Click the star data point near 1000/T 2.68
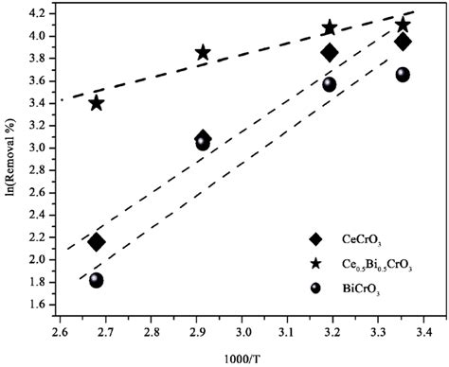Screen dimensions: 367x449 [97, 102]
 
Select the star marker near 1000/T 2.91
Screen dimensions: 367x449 [203, 53]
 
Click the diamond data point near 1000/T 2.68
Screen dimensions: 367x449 [97, 242]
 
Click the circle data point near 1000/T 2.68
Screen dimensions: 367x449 [97, 280]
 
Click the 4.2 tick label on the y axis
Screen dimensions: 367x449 [41, 14]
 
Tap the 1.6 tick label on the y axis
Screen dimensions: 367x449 [41, 305]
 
